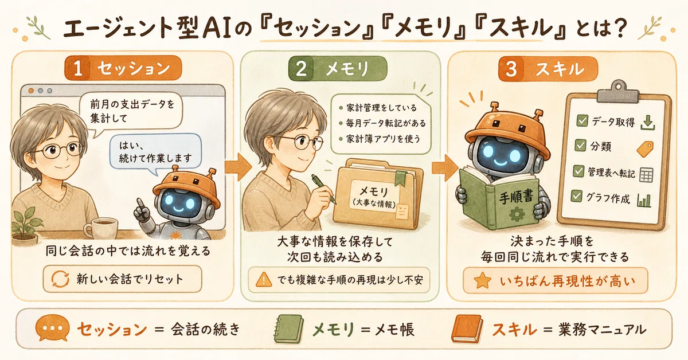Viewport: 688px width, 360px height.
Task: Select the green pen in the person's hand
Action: (x=323, y=189)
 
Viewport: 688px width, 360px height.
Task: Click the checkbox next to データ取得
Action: (x=582, y=121)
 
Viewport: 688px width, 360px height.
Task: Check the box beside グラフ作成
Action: (x=577, y=196)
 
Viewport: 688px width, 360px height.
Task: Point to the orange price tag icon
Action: (x=645, y=149)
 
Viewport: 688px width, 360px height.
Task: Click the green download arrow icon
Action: (x=648, y=123)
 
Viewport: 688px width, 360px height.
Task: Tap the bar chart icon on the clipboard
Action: (x=644, y=200)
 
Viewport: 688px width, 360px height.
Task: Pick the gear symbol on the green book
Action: (x=517, y=214)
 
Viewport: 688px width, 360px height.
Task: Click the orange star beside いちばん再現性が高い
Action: (x=482, y=280)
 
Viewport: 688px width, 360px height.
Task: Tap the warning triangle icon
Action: (x=264, y=280)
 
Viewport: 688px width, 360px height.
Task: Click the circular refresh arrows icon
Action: (x=60, y=279)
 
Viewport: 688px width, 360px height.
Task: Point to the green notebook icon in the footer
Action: (x=288, y=328)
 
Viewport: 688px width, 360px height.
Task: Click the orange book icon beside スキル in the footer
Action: (x=467, y=328)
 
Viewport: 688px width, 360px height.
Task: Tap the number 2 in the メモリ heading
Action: (x=301, y=69)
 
